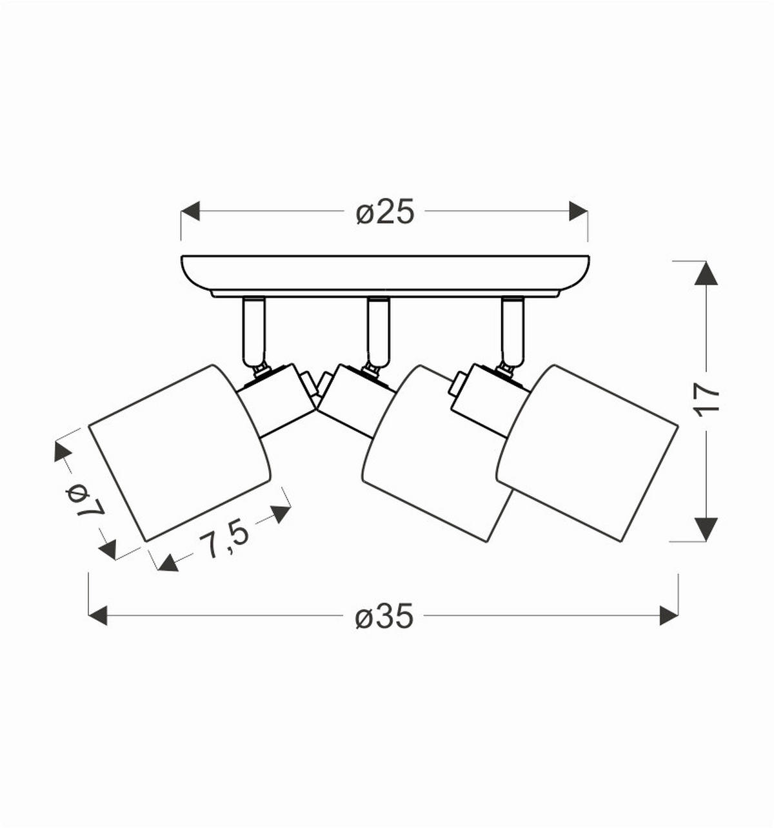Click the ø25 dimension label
[385, 211]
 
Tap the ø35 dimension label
[384, 615]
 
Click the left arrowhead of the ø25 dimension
[190, 211]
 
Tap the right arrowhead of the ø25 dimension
[578, 211]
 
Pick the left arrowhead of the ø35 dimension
[97, 615]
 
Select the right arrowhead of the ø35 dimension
[669, 615]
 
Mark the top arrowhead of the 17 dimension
[706, 273]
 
